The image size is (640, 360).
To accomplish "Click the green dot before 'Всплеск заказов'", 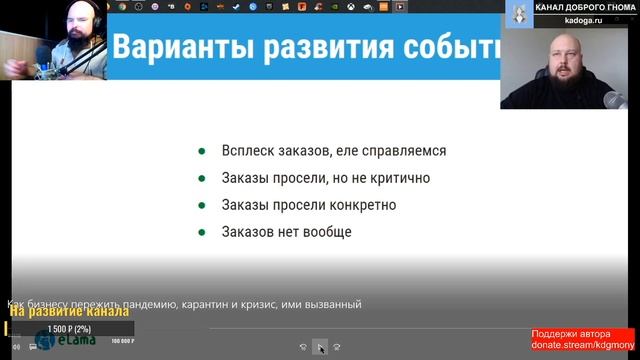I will coord(202,152).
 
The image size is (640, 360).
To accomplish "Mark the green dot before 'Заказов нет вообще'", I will coord(202,232).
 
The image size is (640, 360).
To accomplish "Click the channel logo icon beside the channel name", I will coord(518,12).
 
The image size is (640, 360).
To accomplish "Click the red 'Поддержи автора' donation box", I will coord(583,339).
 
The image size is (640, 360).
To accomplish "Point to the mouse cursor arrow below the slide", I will coord(321,347).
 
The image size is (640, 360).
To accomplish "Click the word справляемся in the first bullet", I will coord(405,152).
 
